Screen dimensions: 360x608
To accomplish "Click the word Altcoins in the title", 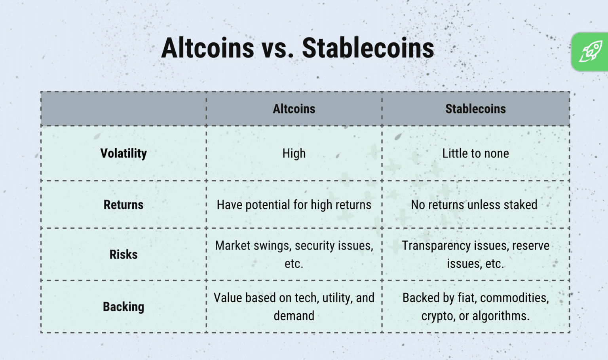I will [x=207, y=48].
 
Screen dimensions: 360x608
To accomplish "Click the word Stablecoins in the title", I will [x=368, y=48].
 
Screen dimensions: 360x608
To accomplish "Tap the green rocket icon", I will [x=590, y=52].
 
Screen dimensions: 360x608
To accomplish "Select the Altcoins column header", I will [x=294, y=109].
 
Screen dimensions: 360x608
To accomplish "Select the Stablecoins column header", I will [x=475, y=109].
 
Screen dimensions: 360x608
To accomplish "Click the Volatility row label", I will [x=123, y=153].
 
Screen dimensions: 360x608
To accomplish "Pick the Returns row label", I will [x=123, y=205].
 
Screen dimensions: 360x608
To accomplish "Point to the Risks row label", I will [x=123, y=254].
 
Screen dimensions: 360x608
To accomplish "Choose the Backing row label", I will [x=123, y=307].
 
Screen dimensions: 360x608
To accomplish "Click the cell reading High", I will [x=294, y=153].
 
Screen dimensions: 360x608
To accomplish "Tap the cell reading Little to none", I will [x=475, y=153].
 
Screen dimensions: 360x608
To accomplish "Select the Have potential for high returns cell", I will [x=294, y=205].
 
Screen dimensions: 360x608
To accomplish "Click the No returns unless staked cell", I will [x=474, y=205].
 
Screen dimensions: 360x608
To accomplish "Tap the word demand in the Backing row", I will [x=294, y=316].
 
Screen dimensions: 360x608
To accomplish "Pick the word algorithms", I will [x=500, y=316].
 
